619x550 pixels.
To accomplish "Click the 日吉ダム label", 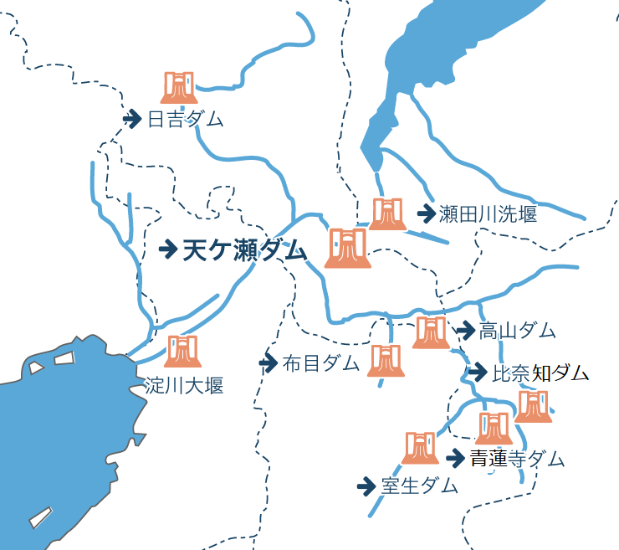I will [x=185, y=119].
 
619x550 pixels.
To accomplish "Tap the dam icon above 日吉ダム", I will [x=178, y=87].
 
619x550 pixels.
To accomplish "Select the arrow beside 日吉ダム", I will [x=131, y=119].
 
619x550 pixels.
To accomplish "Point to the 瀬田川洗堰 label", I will [x=488, y=213].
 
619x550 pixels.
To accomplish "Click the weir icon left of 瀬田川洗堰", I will [x=386, y=213].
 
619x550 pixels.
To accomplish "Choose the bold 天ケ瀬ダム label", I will [x=245, y=249].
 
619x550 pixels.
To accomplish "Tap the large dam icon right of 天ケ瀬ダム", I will [x=347, y=248].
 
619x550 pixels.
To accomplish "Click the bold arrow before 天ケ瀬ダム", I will [x=168, y=249].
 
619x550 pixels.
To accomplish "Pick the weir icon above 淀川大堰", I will [x=182, y=351].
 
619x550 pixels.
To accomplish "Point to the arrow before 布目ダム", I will [x=268, y=363].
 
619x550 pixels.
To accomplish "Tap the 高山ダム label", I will [x=517, y=331].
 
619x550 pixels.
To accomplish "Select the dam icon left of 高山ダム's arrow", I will [x=431, y=332].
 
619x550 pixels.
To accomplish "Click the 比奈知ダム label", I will [x=540, y=373].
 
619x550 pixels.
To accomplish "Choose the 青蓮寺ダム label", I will [x=516, y=459].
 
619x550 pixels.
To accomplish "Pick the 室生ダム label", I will [x=419, y=486].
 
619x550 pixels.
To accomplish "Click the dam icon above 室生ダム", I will [x=419, y=447].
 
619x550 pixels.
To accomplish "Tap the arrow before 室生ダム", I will [x=366, y=486].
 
